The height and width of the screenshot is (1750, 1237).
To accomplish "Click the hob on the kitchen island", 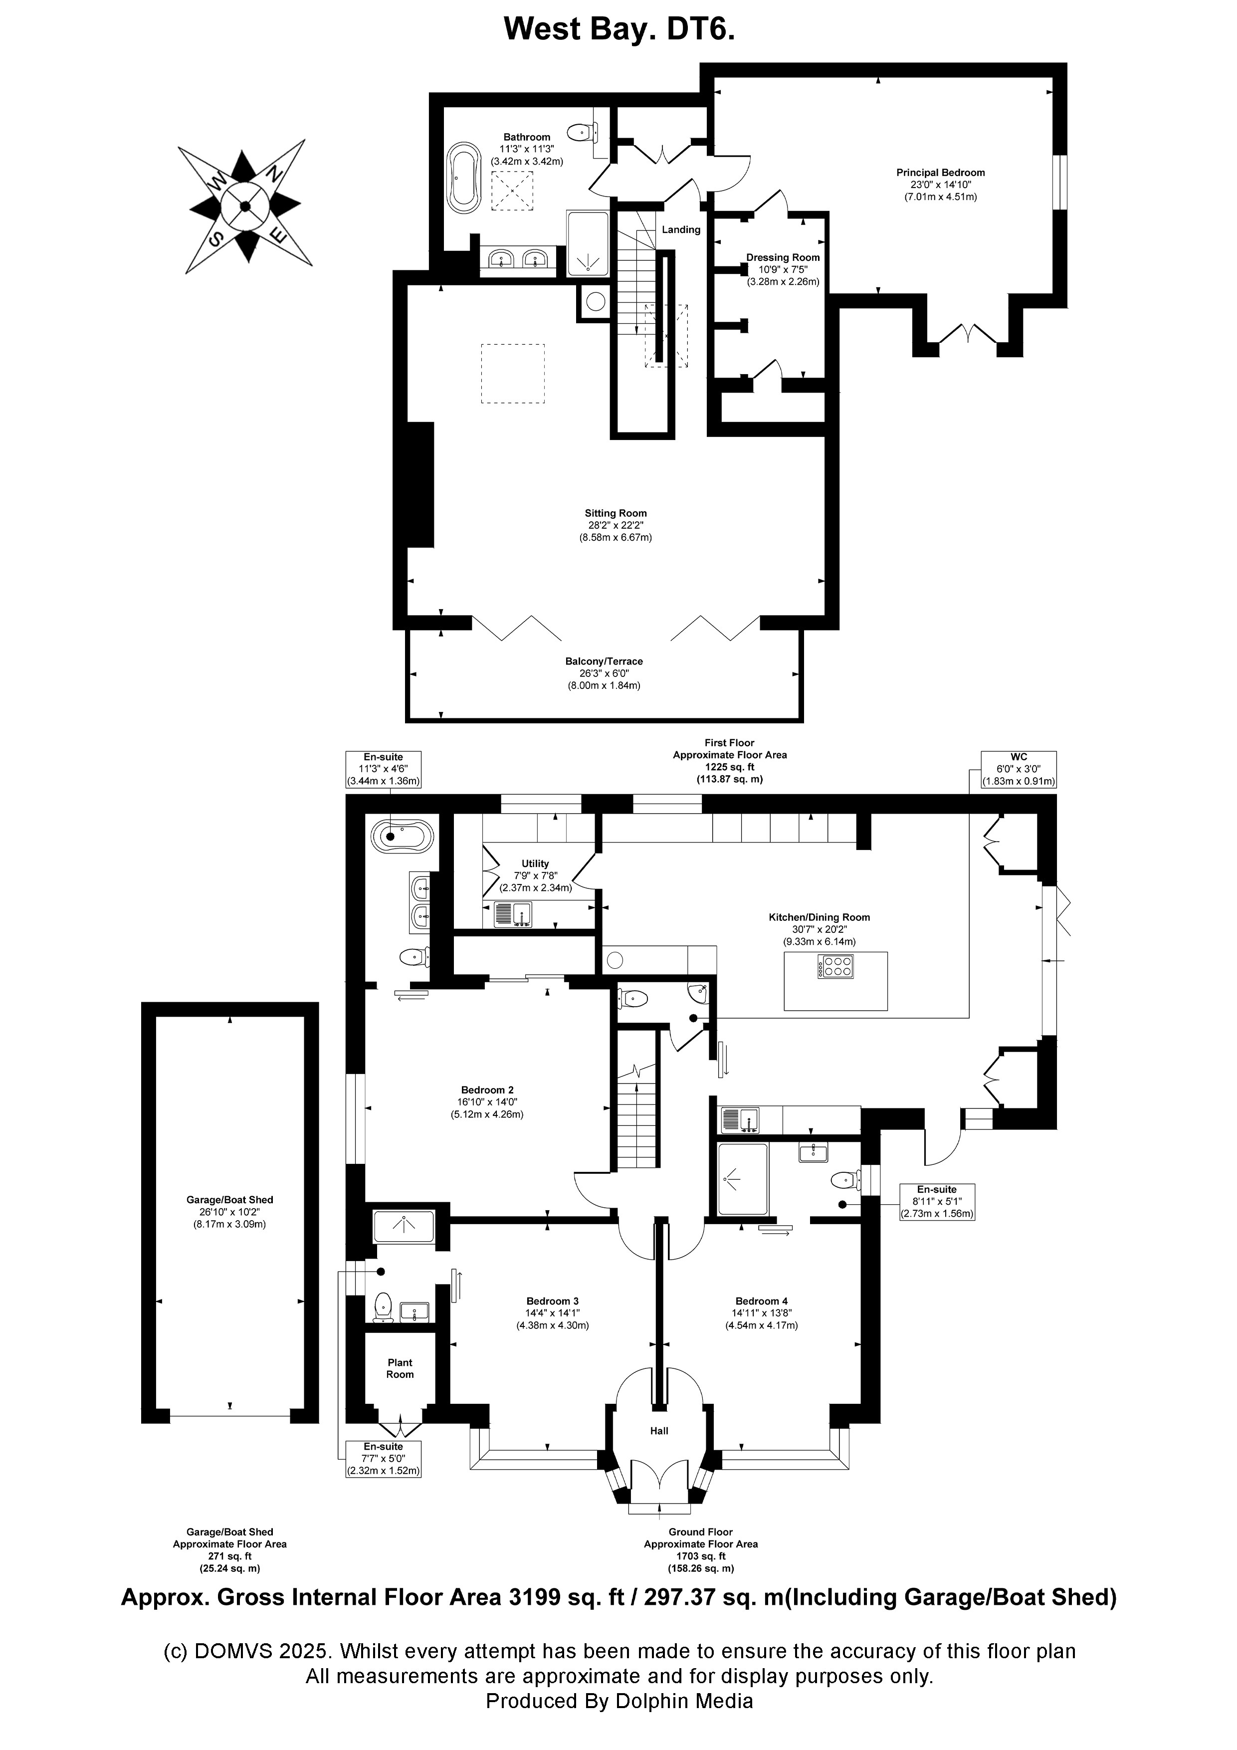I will [x=835, y=967].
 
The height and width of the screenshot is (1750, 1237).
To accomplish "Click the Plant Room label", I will [x=400, y=1368].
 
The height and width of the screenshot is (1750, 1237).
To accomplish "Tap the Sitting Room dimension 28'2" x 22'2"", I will [x=615, y=525].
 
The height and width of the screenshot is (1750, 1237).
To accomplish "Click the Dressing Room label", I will [x=783, y=257].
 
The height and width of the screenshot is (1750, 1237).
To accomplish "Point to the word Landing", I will [x=681, y=229].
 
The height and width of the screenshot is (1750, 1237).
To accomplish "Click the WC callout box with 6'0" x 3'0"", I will [x=1018, y=769].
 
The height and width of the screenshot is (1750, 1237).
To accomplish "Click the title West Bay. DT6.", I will [x=619, y=30].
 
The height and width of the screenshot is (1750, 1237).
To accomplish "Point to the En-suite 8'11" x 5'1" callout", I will [x=937, y=1201].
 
